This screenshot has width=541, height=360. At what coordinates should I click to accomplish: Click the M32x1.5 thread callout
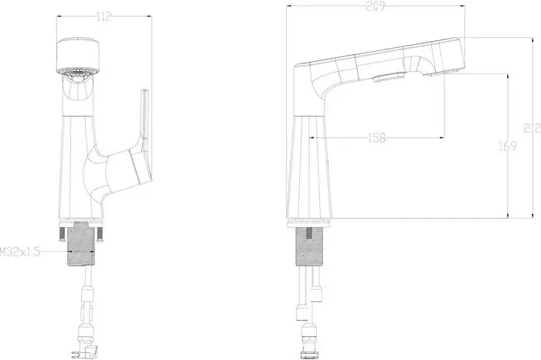coord(21,251)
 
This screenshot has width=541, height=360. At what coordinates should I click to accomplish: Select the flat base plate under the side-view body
coord(313,223)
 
